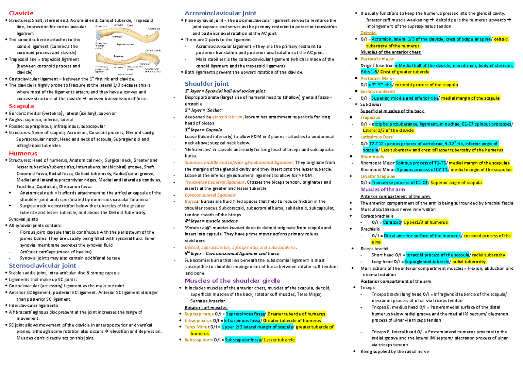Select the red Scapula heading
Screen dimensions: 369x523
point(20,106)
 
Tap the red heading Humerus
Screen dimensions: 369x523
point(23,153)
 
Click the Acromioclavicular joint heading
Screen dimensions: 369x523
point(221,13)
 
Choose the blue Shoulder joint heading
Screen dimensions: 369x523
point(207,84)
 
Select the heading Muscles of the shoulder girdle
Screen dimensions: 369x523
point(233,280)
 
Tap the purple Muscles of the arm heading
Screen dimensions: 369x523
point(383,190)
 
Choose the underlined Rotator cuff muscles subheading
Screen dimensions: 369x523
point(204,307)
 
